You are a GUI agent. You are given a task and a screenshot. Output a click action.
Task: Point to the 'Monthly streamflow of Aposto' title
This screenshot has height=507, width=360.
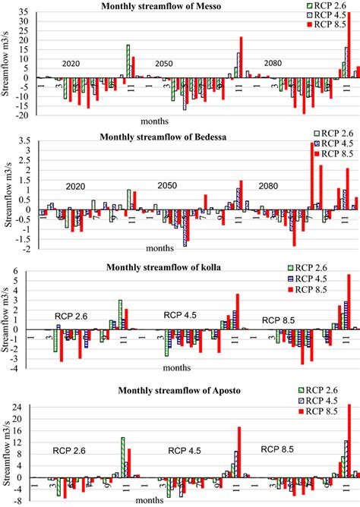tap(163, 390)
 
